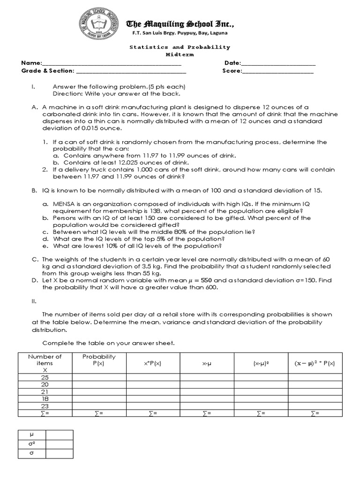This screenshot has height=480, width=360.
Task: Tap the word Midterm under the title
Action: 180,54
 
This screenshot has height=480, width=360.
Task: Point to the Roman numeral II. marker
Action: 34,301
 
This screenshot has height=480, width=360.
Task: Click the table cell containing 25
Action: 45,377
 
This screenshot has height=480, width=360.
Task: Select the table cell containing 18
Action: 45,399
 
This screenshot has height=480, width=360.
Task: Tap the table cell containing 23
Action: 45,406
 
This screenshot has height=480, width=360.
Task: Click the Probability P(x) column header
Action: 99,360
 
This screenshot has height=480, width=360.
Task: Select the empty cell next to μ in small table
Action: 59,435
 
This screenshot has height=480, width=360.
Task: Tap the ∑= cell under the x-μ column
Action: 206,413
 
